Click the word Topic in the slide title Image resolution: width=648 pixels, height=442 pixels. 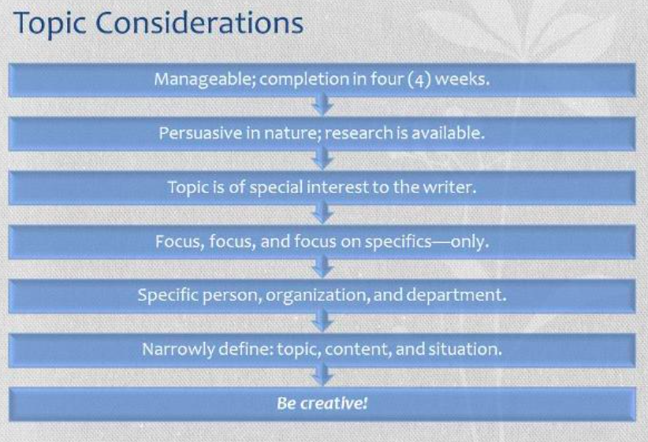50,24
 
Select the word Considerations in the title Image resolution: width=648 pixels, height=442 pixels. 199,23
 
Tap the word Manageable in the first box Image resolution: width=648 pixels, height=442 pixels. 204,80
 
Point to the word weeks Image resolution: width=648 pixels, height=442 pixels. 462,79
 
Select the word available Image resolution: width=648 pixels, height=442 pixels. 448,133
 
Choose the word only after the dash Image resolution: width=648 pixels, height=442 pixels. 470,241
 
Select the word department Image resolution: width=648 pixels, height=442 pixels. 456,295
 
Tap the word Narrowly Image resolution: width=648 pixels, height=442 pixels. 178,350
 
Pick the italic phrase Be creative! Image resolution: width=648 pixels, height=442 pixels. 322,403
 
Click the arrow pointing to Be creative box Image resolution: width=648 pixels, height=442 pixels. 322,375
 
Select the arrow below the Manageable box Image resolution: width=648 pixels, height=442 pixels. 322,104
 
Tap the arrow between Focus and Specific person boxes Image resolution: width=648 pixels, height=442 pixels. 322,267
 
